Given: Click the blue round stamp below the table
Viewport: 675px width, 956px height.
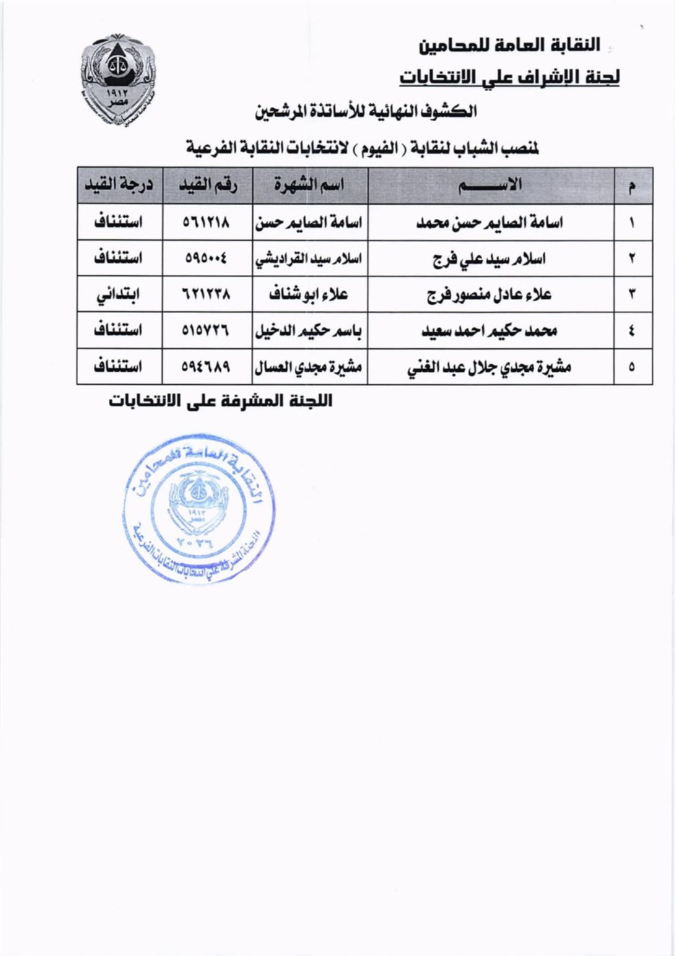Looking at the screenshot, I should click(199, 509).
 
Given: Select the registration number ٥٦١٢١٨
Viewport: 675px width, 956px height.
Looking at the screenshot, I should click(207, 223).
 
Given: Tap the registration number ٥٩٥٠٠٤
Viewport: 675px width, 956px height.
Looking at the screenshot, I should click(207, 259).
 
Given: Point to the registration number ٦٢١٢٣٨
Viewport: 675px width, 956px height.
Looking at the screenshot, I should click(207, 295).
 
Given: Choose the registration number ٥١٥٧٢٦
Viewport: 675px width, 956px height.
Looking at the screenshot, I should click(207, 331).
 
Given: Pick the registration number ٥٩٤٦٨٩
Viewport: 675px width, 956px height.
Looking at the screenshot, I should click(207, 367).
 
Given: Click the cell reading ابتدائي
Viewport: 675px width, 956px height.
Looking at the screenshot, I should click(119, 295).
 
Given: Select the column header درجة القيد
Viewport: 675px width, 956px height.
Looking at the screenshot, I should click(119, 186).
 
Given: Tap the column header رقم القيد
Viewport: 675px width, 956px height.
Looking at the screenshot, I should click(207, 186).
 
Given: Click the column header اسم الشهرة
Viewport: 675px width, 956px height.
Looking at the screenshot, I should click(309, 186).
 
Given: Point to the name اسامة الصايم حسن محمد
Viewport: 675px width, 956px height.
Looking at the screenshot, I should click(490, 223).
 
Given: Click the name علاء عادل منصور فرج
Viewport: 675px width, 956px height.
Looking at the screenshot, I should click(489, 295).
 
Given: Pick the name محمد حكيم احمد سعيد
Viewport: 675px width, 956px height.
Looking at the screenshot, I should click(489, 331).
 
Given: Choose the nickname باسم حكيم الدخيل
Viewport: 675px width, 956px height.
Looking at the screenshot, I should click(309, 331).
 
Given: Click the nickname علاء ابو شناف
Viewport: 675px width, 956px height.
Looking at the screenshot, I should click(309, 295).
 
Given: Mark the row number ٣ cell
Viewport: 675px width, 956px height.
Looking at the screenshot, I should click(632, 295).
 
